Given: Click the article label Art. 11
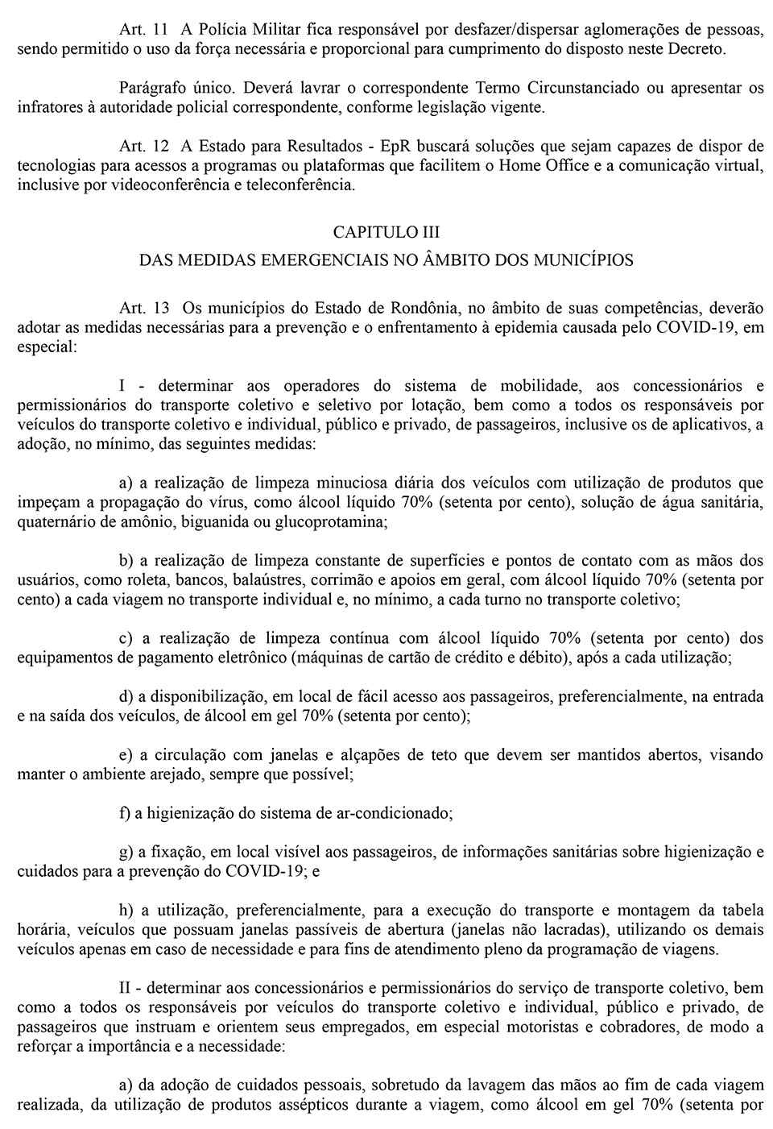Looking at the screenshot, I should (x=143, y=29).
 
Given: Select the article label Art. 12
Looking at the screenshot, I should (x=143, y=146).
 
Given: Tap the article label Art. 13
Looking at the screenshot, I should (x=143, y=308).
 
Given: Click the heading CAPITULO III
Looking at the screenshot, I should (x=386, y=232).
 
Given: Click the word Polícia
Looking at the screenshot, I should (x=215, y=29).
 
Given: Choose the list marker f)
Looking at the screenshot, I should (x=125, y=813).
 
